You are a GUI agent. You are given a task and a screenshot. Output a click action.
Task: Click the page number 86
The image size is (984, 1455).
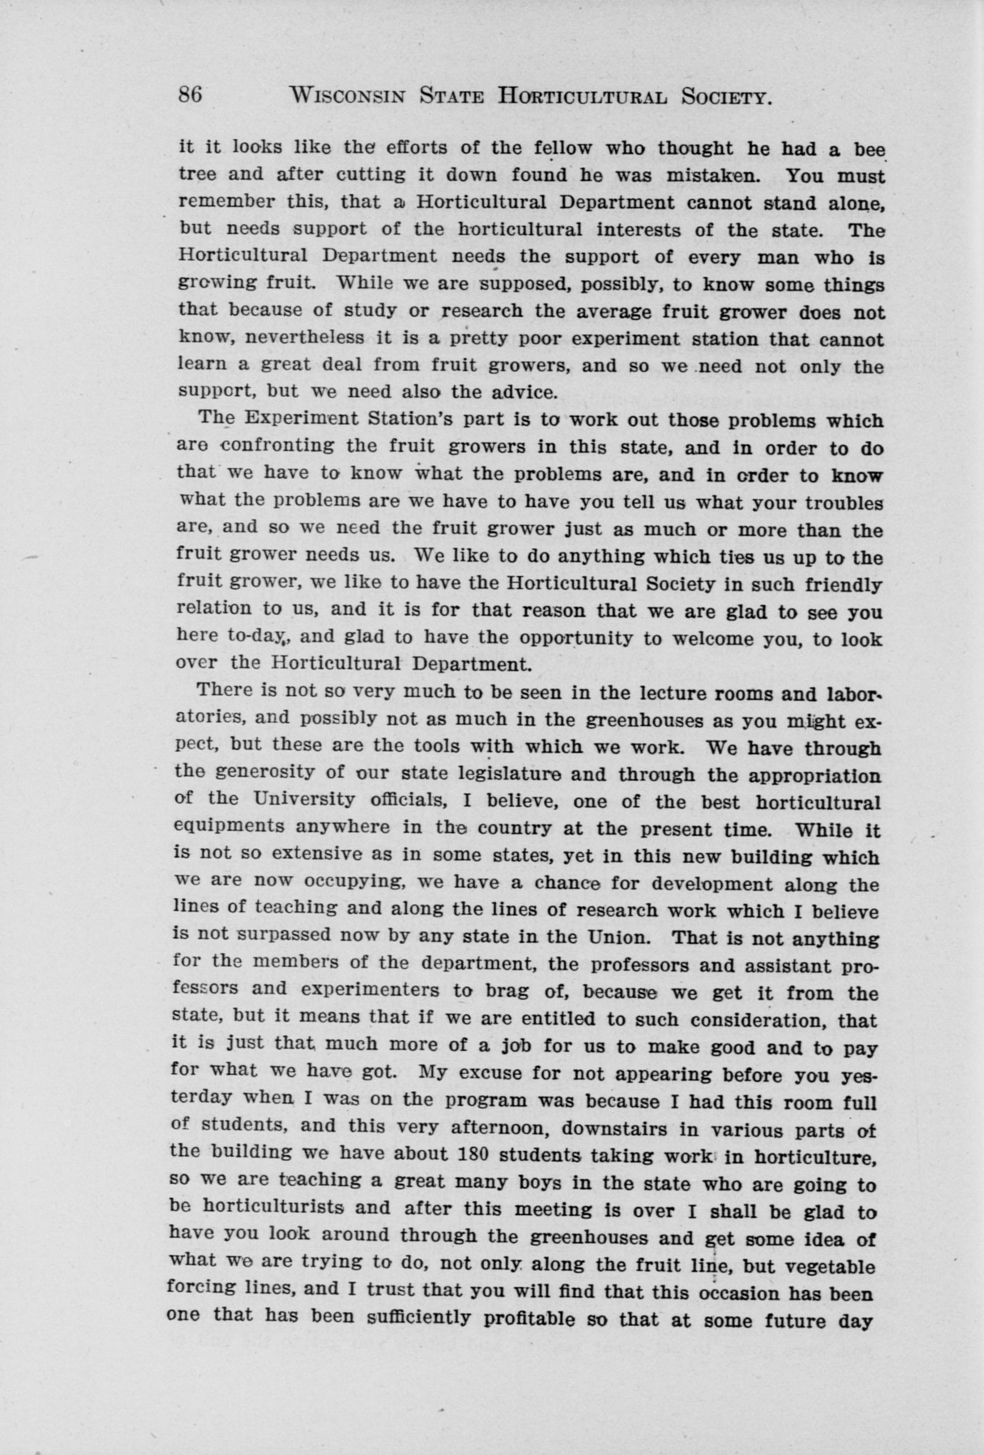click(190, 96)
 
